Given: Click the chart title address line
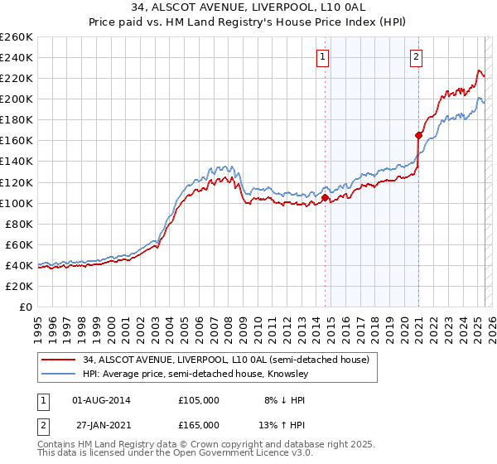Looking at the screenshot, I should click(248, 7).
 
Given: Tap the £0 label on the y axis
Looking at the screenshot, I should click(25, 307).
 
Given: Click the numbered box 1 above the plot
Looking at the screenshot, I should click(321, 57).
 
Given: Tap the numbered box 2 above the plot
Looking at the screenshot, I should click(416, 57).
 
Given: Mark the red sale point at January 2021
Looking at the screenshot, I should click(419, 135).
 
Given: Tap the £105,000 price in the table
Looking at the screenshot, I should click(199, 399).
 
